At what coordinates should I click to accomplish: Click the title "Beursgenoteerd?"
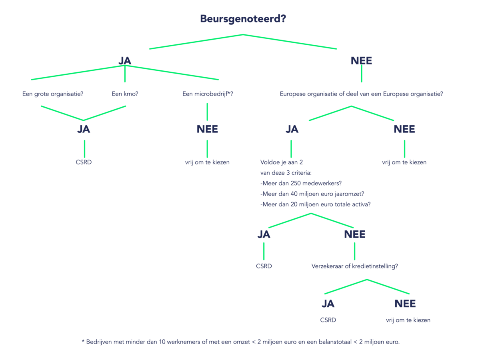coord(243,19)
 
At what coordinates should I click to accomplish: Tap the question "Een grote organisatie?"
coord(53,94)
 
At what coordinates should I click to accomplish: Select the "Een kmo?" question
coord(125,94)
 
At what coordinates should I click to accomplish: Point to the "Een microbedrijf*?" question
coord(208,94)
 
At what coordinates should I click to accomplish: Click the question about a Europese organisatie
coord(361,94)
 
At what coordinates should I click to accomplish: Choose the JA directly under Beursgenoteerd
coord(125,60)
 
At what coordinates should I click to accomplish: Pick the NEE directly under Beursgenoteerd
coord(361,60)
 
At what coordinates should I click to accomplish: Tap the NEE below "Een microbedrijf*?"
coord(207,129)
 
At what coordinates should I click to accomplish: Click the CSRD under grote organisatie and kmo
coord(84,162)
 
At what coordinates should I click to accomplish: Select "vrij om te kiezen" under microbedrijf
coord(207,162)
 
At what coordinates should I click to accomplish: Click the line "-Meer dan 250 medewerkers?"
coord(301,183)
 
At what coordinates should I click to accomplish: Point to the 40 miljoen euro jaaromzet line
coord(312,194)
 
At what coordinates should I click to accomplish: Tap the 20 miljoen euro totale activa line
coord(315,204)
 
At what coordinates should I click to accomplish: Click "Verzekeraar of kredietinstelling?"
coord(355,266)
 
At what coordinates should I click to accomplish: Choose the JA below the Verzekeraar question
coord(328,304)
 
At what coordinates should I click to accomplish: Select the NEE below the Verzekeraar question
coord(405,304)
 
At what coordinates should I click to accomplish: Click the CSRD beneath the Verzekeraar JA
coord(328,320)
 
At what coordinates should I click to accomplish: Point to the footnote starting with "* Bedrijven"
coord(240,342)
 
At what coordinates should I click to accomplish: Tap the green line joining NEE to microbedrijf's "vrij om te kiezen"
coord(207,149)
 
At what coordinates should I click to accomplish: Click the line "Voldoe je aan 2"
coord(282,162)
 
